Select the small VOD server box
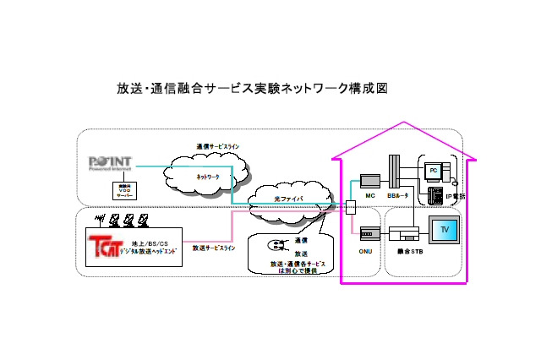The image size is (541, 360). coord(124,189)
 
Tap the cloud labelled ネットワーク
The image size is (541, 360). coord(208,176)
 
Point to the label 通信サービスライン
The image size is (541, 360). coord(217,146)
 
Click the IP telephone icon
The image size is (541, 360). coord(436,196)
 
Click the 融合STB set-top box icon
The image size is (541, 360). coord(405,235)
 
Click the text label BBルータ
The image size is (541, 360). coord(397,196)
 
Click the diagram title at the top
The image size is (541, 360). coord(251,88)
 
